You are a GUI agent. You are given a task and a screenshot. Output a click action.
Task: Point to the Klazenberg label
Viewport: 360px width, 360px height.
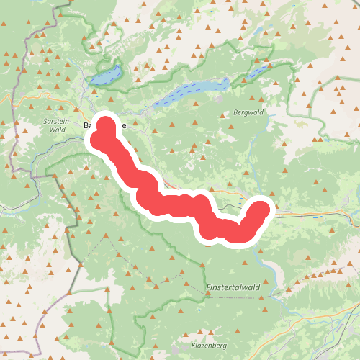point(210,346)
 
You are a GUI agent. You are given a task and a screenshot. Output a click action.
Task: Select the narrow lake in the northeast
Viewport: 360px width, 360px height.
point(257,72)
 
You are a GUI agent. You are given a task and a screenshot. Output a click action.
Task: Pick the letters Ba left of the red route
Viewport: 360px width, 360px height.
point(89,125)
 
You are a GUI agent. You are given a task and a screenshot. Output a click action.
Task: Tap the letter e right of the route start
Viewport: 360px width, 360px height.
point(123,125)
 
